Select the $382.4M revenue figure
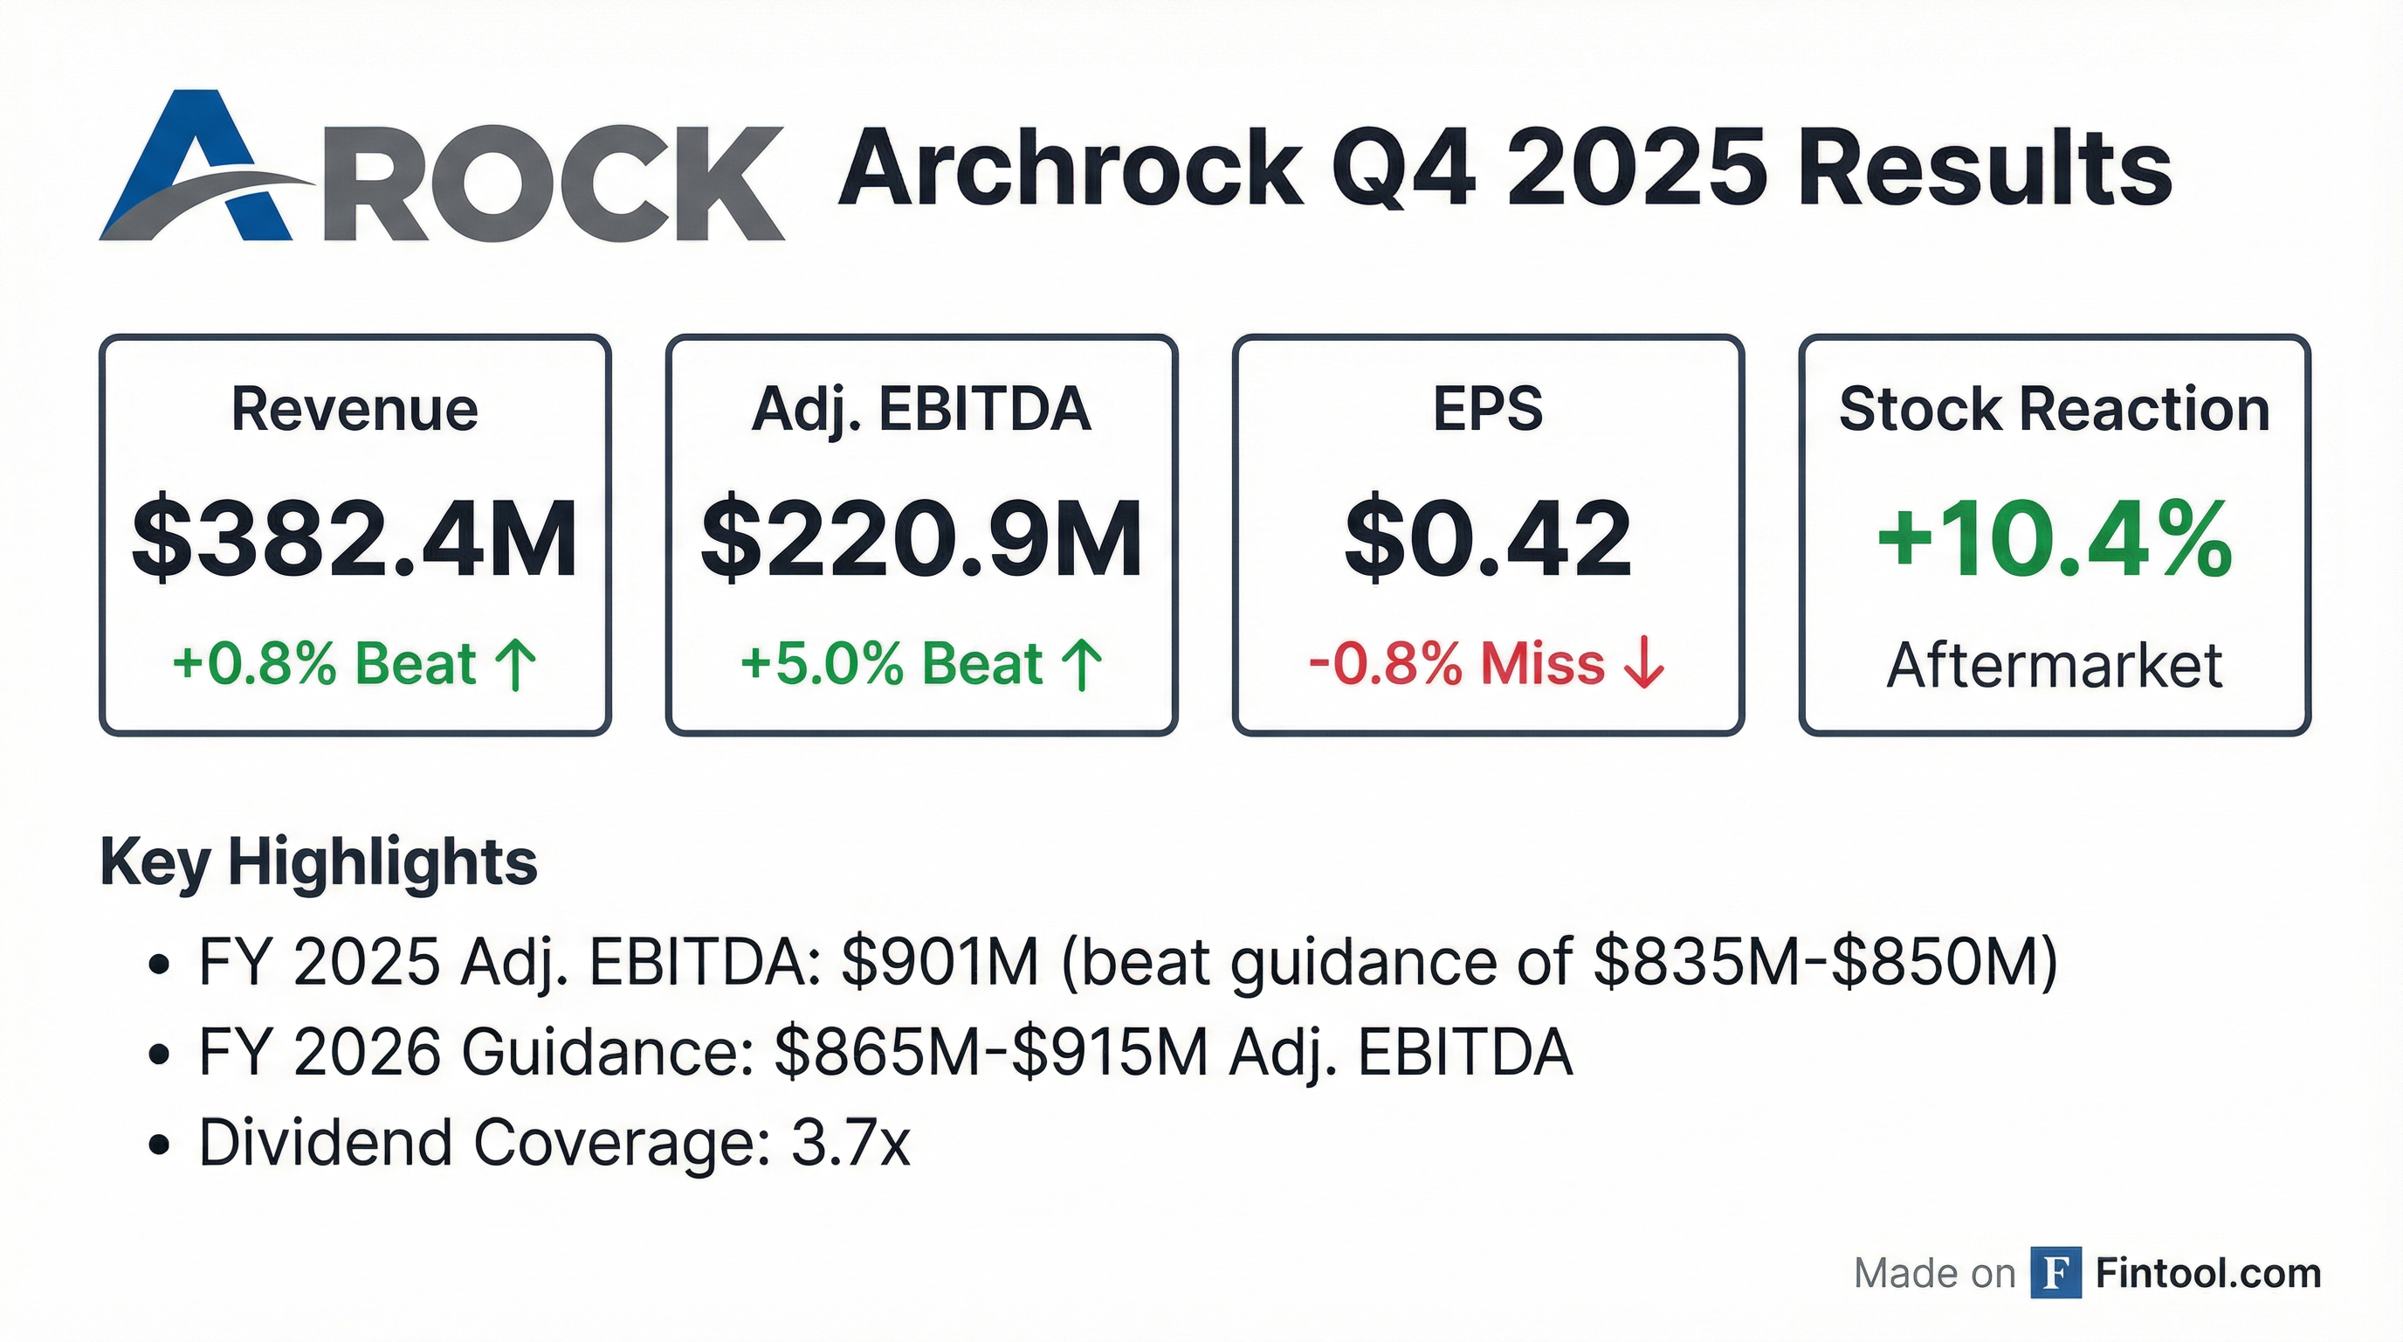pyautogui.click(x=355, y=539)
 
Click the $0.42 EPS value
pyautogui.click(x=1488, y=539)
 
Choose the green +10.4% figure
pyautogui.click(x=2054, y=539)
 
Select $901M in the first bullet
pyautogui.click(x=940, y=961)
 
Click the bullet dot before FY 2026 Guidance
pyautogui.click(x=159, y=1055)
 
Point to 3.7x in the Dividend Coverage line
pyautogui.click(x=850, y=1142)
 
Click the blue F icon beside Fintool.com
pyautogui.click(x=2056, y=1273)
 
